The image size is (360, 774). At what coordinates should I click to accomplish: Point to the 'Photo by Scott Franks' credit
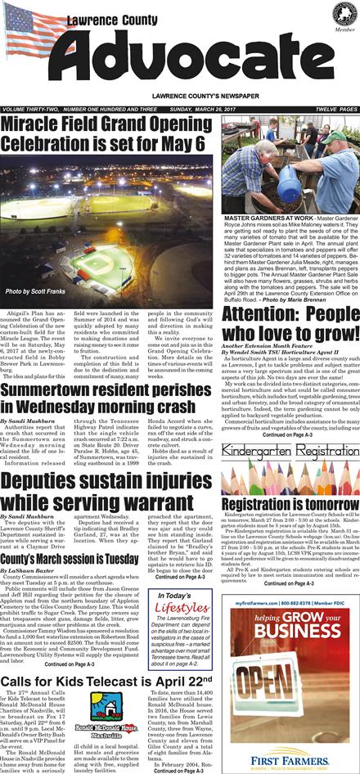click(34, 292)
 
